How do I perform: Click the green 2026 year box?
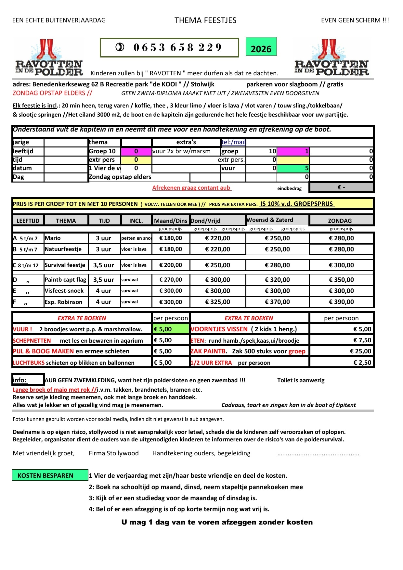(261, 47)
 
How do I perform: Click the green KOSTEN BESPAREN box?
(50, 475)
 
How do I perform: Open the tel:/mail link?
(233, 142)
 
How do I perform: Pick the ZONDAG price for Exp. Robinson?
(341, 302)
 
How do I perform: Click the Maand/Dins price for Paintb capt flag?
(171, 280)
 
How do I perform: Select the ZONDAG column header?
(340, 221)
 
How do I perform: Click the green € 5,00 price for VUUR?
(171, 329)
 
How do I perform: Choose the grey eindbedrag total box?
(341, 187)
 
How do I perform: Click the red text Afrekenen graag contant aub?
(191, 188)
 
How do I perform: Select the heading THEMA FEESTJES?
(205, 20)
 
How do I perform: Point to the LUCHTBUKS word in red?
(29, 362)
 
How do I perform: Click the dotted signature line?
(318, 454)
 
